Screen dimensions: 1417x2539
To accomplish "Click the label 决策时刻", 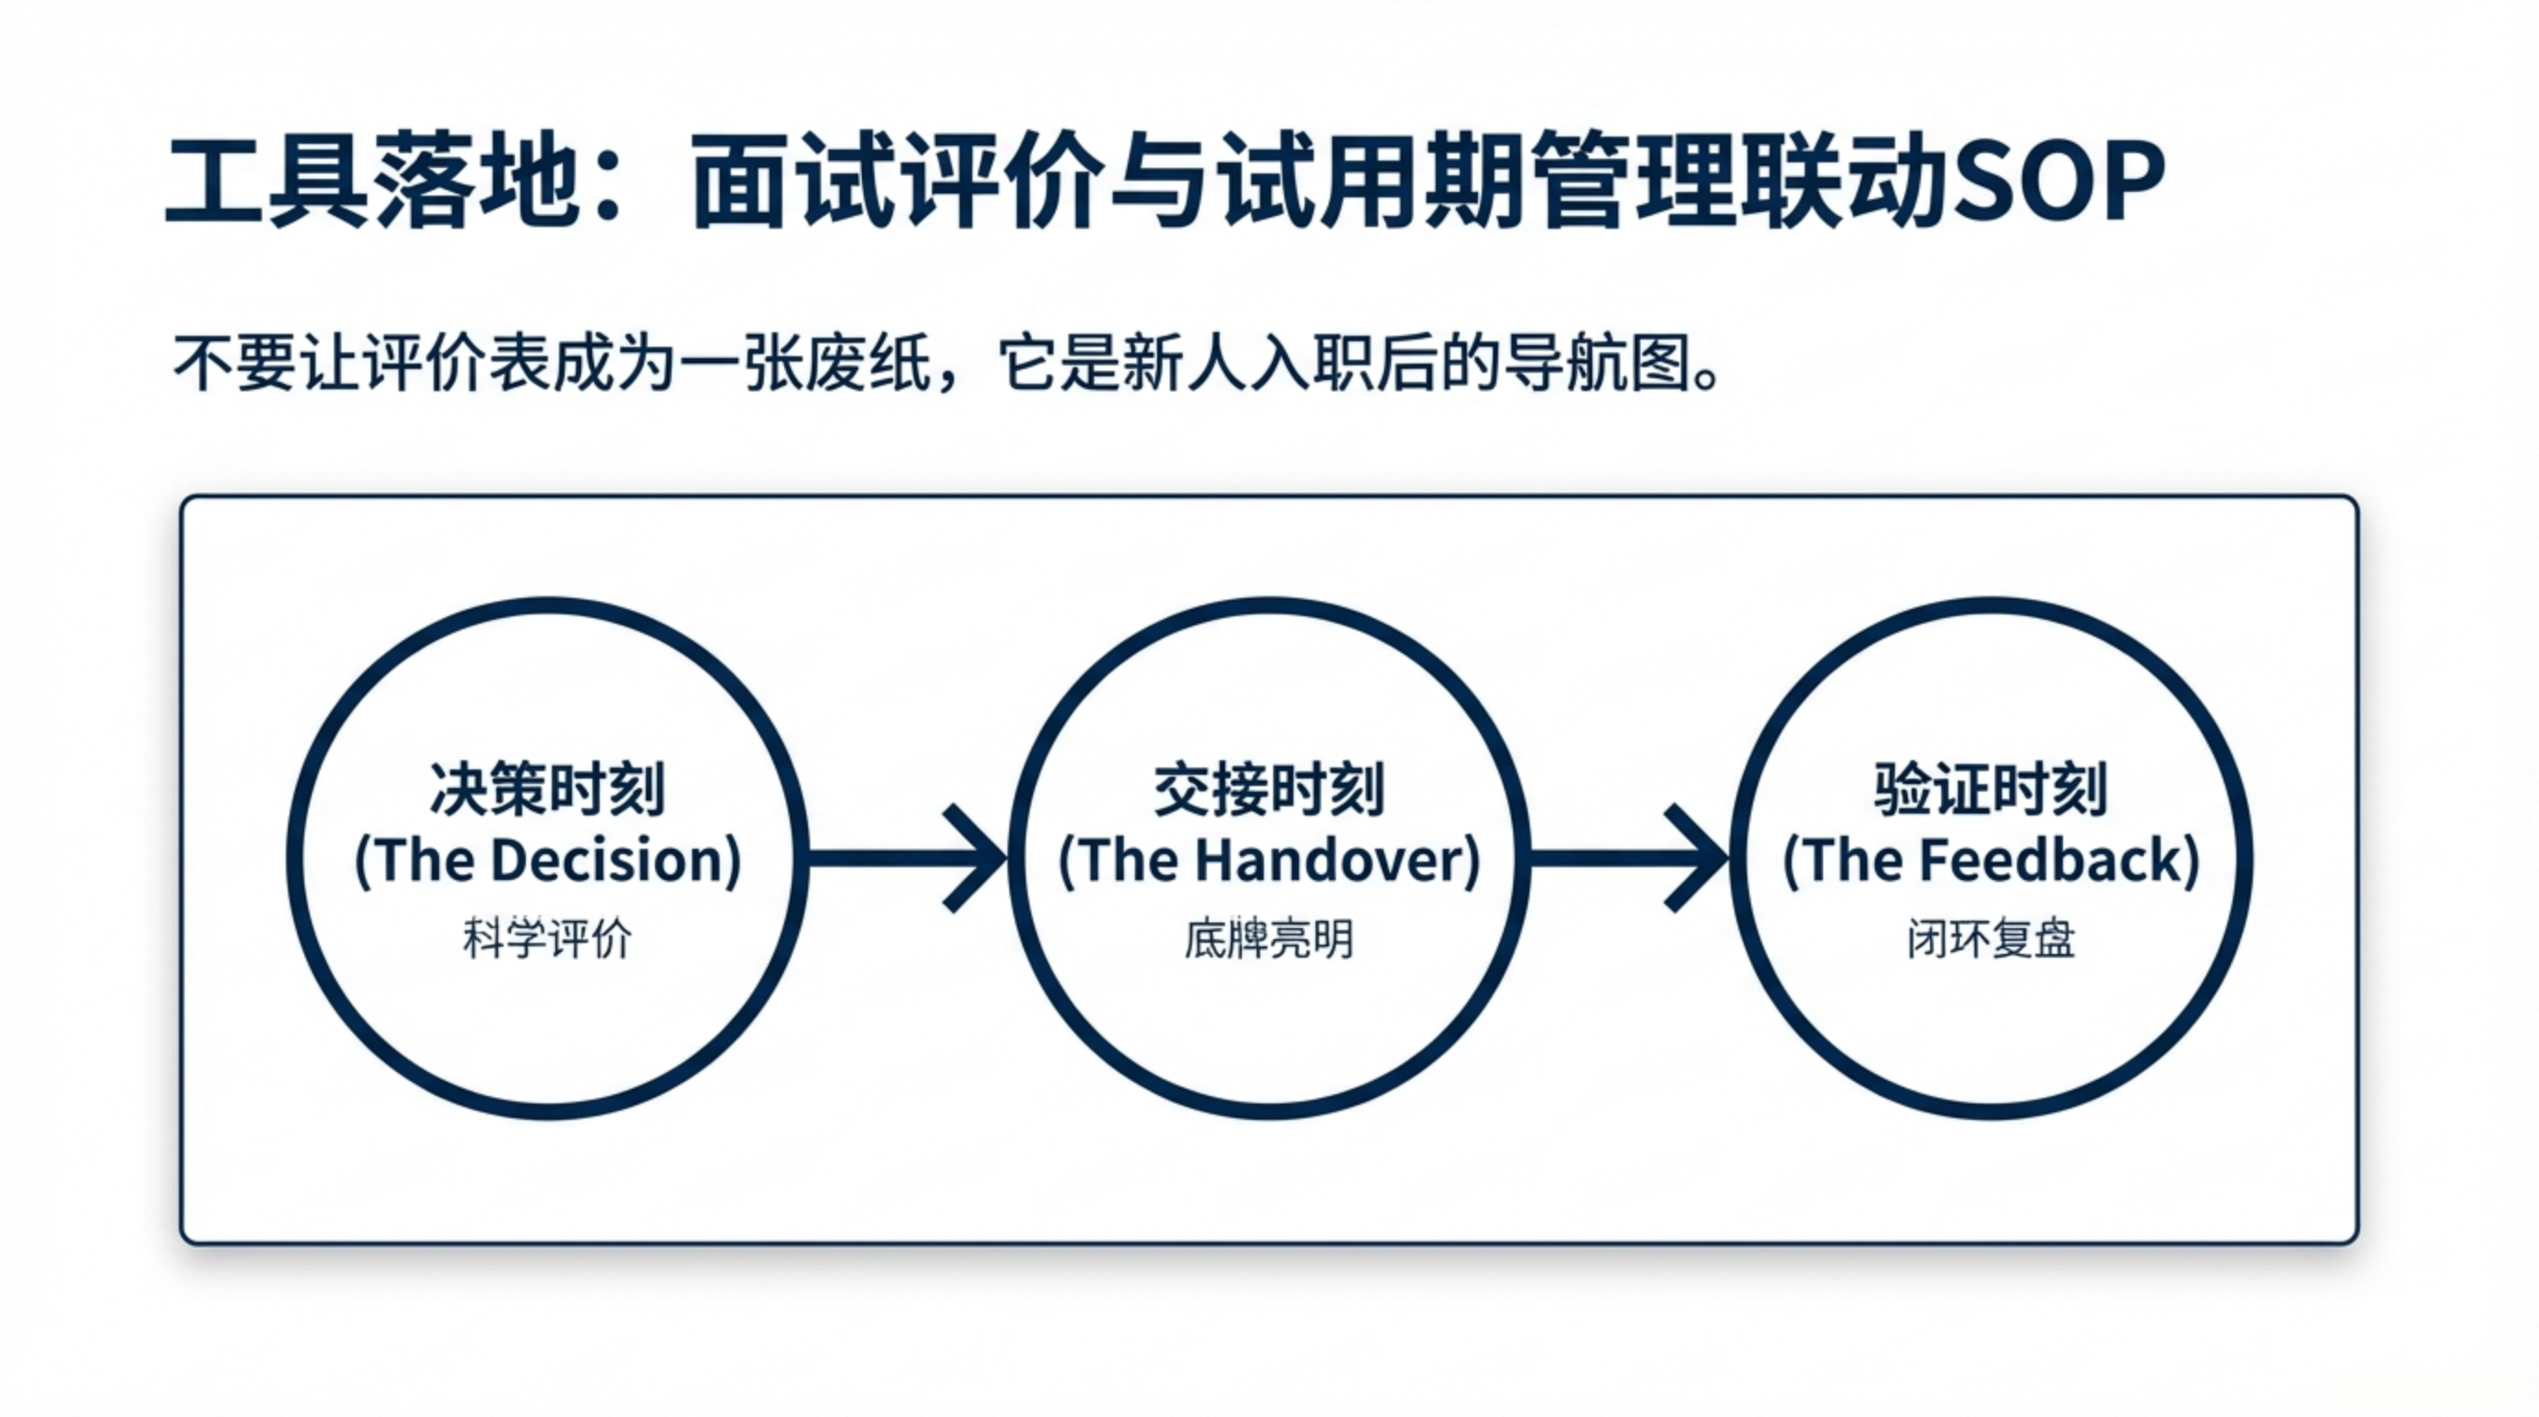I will click(x=547, y=790).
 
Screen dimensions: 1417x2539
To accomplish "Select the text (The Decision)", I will click(x=547, y=860).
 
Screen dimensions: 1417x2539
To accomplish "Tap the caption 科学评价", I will click(x=547, y=939).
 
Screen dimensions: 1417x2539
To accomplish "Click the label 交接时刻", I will click(x=1269, y=790).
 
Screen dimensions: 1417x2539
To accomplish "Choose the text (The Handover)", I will click(x=1269, y=860).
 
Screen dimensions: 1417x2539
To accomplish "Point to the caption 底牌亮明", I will click(x=1269, y=939).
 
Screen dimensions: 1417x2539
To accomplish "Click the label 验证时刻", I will click(x=1990, y=790).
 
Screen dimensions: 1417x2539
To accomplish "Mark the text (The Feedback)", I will click(x=1990, y=860).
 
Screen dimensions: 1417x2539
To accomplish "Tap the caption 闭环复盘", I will click(x=1990, y=939).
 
